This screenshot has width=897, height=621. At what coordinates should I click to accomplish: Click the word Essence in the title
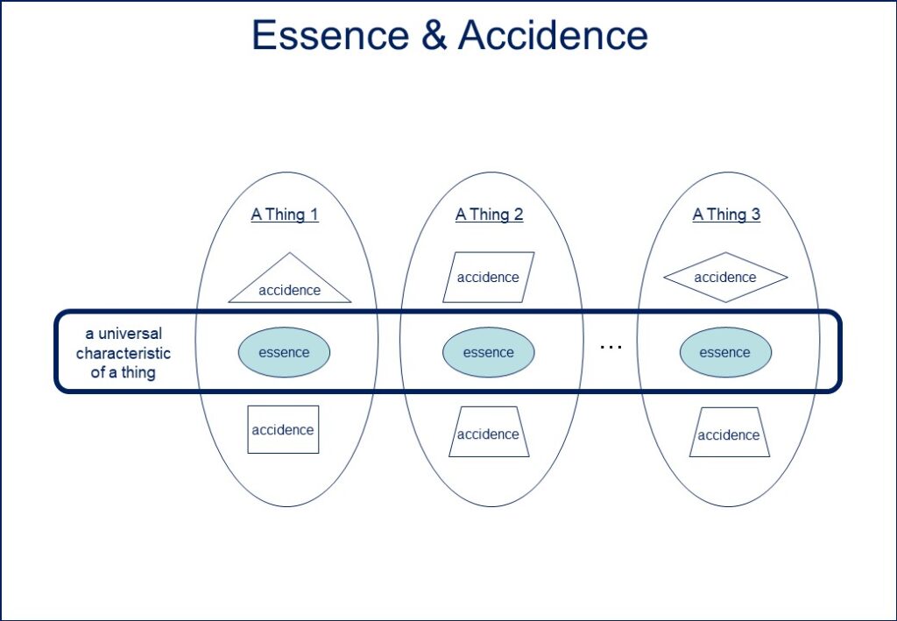[x=329, y=35]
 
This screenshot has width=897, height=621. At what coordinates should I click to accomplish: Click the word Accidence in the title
[x=553, y=35]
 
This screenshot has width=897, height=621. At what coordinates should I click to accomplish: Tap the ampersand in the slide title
[x=434, y=35]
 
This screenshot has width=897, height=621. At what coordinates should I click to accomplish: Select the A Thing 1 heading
[x=285, y=215]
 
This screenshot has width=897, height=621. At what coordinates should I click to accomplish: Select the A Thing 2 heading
[x=489, y=215]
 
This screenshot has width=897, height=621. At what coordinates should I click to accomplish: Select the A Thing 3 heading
[x=726, y=215]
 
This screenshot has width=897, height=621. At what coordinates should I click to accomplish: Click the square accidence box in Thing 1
[x=283, y=429]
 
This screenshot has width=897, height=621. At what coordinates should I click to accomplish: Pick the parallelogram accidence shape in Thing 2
[x=488, y=277]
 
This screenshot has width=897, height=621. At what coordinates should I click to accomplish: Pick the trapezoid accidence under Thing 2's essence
[x=488, y=433]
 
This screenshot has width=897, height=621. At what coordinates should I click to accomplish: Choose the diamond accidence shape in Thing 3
[x=725, y=277]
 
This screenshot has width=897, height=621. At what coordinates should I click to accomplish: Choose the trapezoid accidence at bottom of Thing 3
[x=729, y=434]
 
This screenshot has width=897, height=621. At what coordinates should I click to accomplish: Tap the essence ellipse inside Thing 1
[x=284, y=352]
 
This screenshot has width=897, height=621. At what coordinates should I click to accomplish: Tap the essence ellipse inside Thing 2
[x=488, y=352]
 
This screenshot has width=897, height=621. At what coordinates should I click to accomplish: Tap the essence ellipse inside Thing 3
[x=725, y=352]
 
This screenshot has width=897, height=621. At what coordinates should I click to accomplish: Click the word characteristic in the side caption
[x=124, y=353]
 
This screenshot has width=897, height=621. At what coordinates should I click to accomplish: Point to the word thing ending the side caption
[x=138, y=372]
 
